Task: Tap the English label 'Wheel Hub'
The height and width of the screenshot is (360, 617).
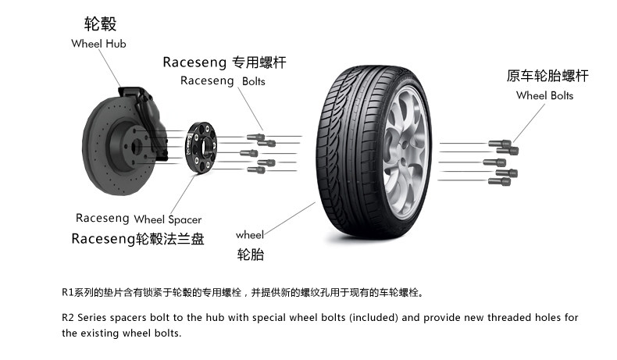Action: coord(98,44)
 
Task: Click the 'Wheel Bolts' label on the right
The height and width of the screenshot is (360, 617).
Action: coord(544,95)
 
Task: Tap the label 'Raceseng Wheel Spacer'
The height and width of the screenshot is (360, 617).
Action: coord(138,219)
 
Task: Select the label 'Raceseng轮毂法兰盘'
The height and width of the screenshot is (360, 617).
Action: coord(137,239)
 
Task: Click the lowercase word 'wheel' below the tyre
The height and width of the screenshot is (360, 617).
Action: coord(250,234)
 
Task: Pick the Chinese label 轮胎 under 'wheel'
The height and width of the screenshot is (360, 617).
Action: coord(251,255)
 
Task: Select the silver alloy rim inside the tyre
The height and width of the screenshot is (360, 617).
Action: coord(406,149)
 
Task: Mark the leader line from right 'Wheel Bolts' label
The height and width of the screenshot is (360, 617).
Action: coord(527,121)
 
